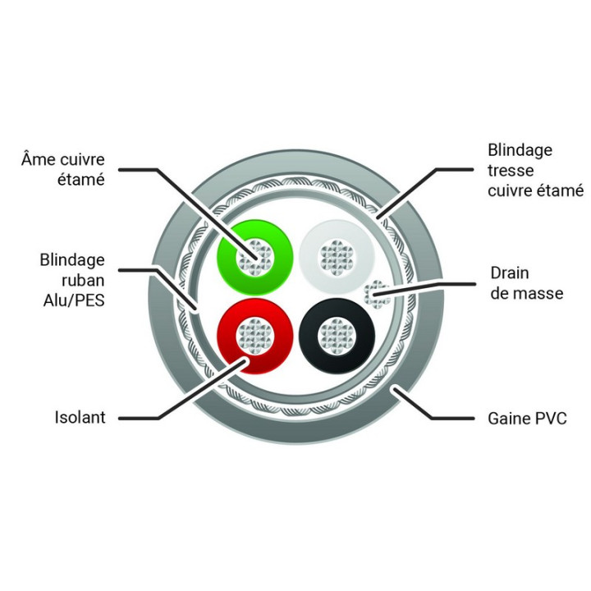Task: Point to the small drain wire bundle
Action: pyautogui.click(x=377, y=294)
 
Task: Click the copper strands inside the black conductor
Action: pyautogui.click(x=337, y=336)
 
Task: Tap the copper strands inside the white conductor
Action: pyautogui.click(x=337, y=257)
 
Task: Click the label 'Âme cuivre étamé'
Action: pyautogui.click(x=63, y=169)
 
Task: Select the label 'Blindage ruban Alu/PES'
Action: pyautogui.click(x=72, y=280)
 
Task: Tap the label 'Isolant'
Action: pyautogui.click(x=80, y=418)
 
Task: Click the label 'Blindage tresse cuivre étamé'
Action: pyautogui.click(x=535, y=171)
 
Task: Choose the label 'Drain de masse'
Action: pyautogui.click(x=527, y=283)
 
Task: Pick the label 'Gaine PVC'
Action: pyautogui.click(x=527, y=419)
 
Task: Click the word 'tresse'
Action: pyautogui.click(x=511, y=171)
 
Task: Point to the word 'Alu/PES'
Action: pyautogui.click(x=74, y=300)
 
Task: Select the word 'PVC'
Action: pyautogui.click(x=551, y=419)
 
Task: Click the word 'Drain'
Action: pyautogui.click(x=510, y=273)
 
